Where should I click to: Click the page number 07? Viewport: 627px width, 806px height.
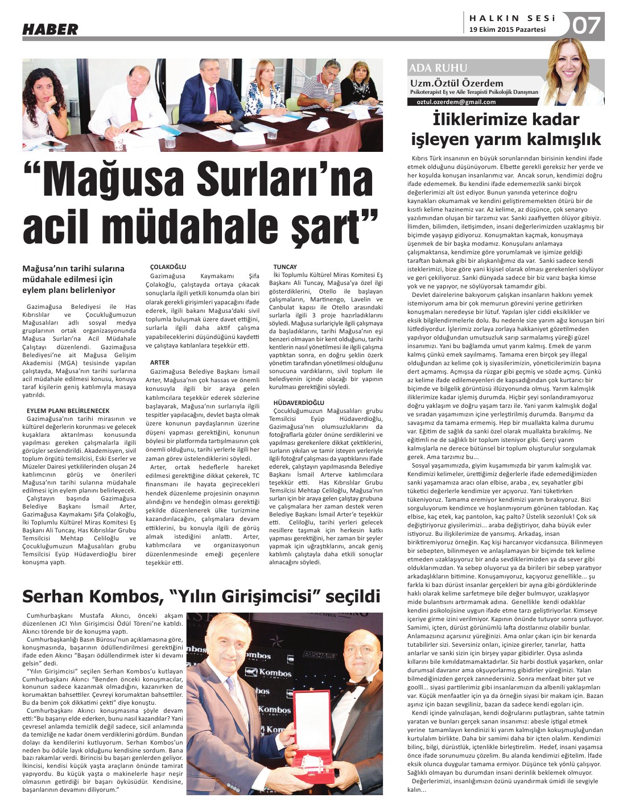(586, 26)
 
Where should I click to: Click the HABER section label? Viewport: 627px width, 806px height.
(50, 29)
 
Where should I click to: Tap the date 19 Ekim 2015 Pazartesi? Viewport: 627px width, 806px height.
(507, 30)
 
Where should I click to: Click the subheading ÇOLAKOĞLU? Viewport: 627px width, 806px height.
(168, 266)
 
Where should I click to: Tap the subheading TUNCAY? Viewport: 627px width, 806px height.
(285, 266)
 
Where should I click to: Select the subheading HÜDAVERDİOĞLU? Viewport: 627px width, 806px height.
(299, 402)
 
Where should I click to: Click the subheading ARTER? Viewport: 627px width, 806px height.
(160, 362)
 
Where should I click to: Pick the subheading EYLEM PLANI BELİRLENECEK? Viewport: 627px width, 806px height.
(68, 410)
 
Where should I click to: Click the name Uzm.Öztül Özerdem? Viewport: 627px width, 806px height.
(456, 84)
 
